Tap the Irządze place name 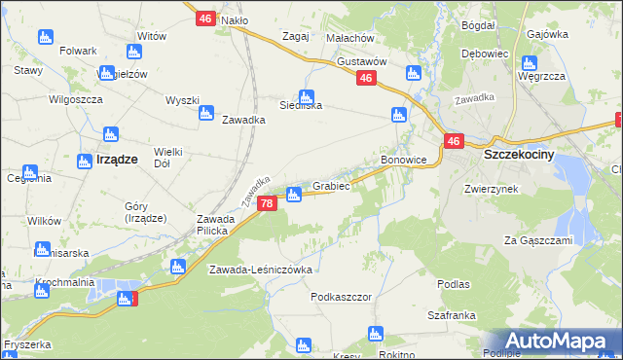(116, 158)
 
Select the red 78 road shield (266, 202)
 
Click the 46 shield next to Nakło (204, 18)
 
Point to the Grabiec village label (331, 185)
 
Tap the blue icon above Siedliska (307, 97)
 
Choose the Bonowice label (404, 159)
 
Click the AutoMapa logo (558, 340)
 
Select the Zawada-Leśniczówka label (260, 270)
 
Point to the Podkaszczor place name (342, 296)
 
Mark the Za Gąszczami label (536, 239)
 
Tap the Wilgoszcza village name (75, 99)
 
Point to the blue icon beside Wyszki (205, 114)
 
